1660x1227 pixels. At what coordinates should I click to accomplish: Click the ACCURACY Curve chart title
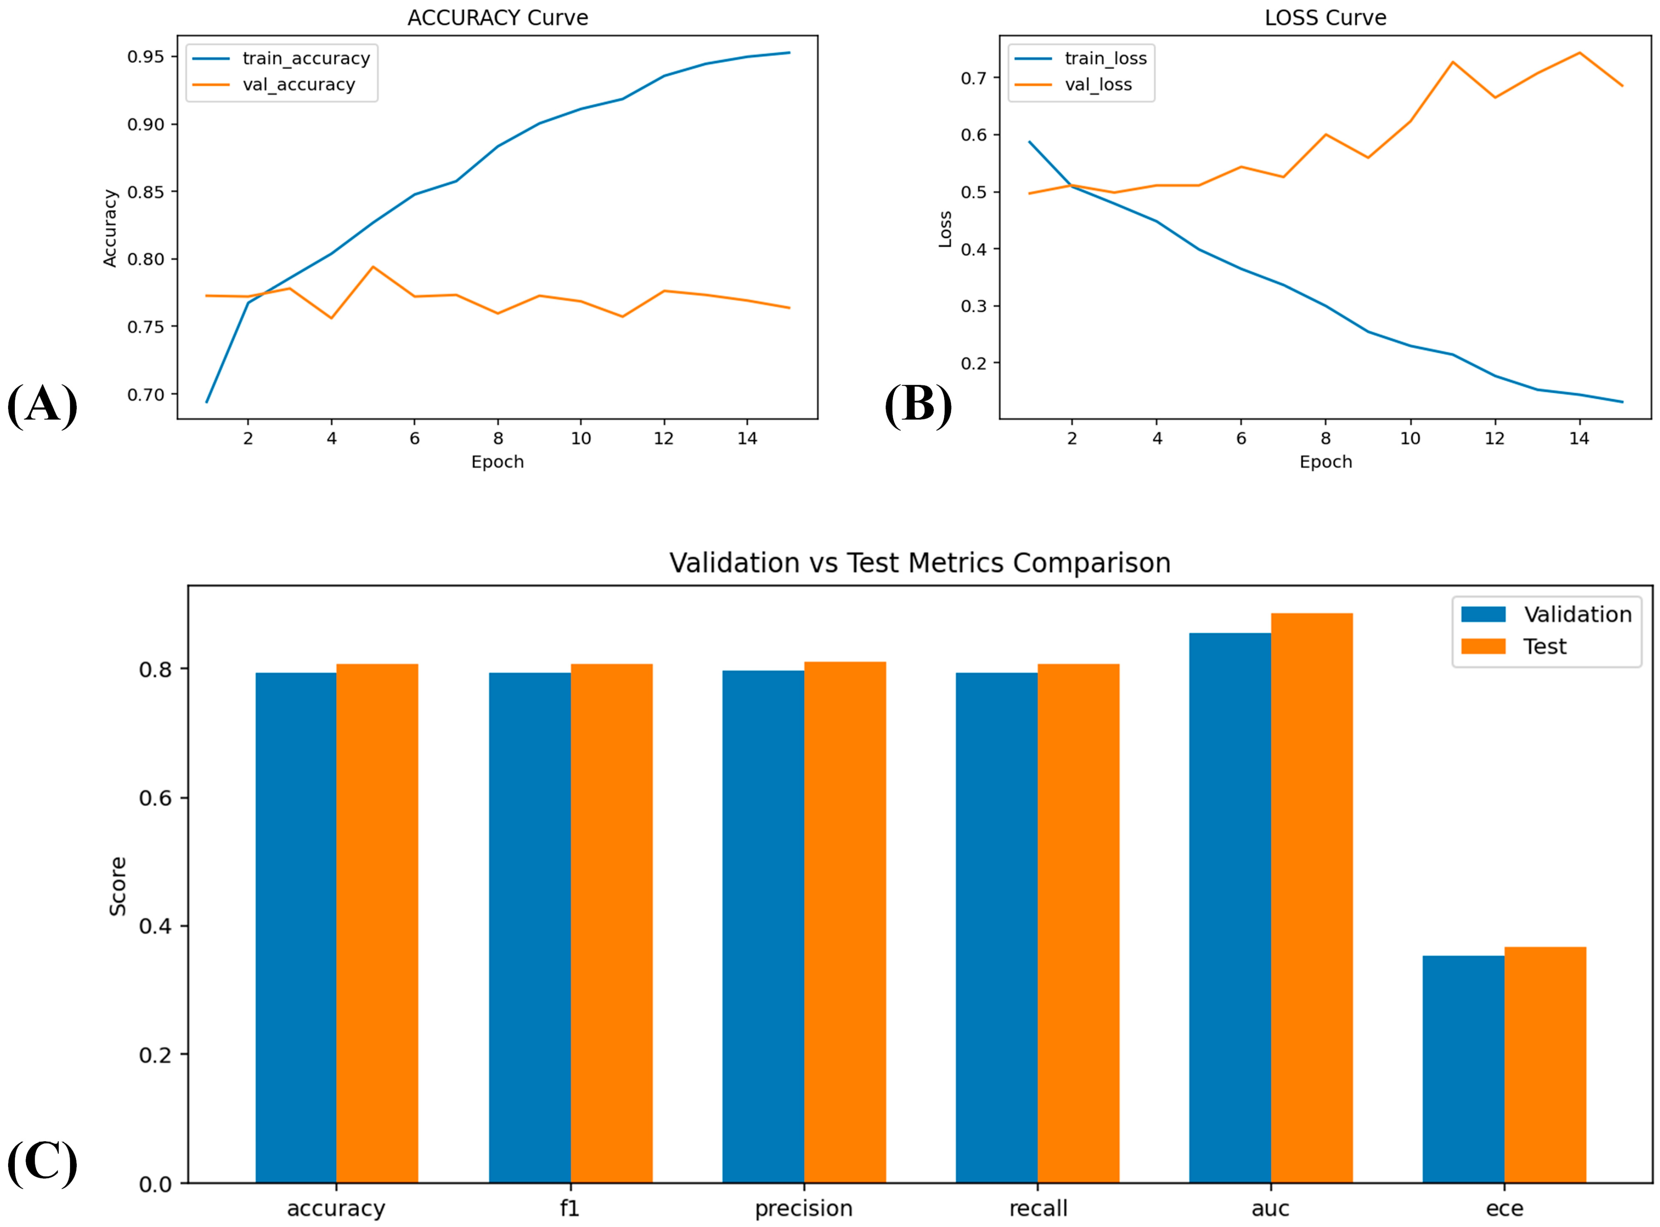tap(498, 18)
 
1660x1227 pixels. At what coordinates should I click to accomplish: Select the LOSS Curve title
tap(1326, 18)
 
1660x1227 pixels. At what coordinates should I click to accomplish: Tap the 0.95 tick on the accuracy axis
tap(146, 57)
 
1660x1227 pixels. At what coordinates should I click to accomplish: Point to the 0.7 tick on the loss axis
tap(974, 78)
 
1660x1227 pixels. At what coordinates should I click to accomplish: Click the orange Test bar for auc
tap(1311, 898)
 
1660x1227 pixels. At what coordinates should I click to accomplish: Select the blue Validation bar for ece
tap(1463, 1070)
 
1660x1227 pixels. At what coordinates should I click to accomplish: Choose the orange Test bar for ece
tap(1545, 1065)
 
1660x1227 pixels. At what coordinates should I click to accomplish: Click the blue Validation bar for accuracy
tap(296, 928)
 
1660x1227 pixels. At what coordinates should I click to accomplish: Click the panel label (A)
tap(42, 405)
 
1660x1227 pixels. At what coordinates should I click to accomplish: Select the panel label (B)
tap(918, 405)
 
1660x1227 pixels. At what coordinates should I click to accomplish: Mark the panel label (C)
tap(42, 1162)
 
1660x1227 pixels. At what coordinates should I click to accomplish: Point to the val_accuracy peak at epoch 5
tap(373, 267)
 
